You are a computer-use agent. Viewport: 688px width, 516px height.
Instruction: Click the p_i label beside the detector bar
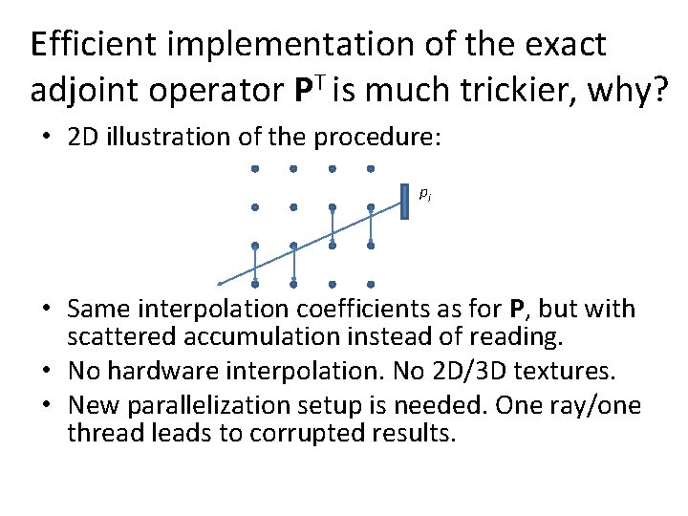click(x=425, y=194)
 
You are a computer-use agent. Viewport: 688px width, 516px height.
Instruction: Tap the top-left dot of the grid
click(x=255, y=169)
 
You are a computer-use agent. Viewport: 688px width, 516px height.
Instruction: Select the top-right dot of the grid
click(x=370, y=169)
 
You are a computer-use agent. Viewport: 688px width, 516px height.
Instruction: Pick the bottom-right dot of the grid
click(x=370, y=284)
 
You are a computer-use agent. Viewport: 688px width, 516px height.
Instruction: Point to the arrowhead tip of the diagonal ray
click(x=219, y=283)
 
